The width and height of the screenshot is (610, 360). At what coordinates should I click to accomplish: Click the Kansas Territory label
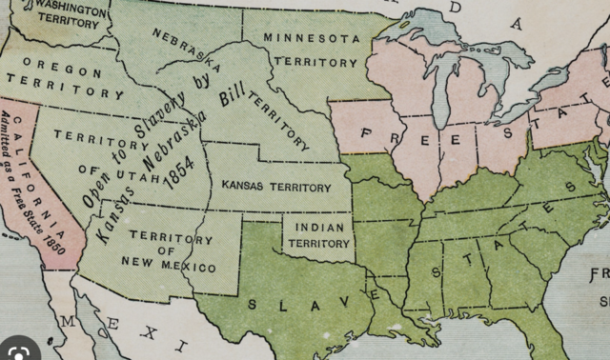pos(276,186)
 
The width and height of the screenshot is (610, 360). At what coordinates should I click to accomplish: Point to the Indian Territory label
pos(319,235)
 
